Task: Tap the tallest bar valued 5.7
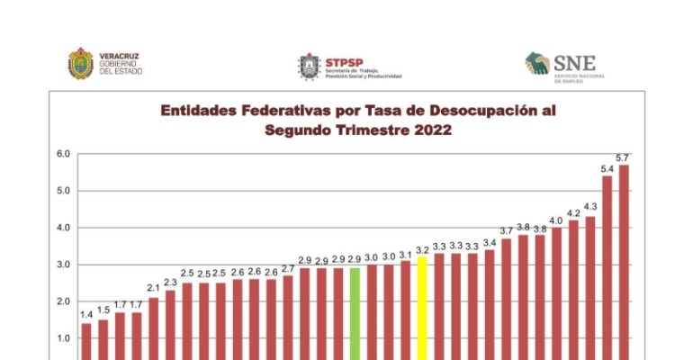624,261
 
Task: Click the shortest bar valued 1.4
86,341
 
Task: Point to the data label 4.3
590,206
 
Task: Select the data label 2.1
154,287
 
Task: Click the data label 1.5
103,310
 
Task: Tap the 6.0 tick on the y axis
63,154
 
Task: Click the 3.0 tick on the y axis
63,265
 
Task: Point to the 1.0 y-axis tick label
63,338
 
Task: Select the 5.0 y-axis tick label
63,191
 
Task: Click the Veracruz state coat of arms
81,63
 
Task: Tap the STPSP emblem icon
309,66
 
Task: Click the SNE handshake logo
538,63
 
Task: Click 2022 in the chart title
430,130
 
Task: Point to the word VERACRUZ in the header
119,56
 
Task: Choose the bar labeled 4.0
556,293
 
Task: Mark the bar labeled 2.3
171,324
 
